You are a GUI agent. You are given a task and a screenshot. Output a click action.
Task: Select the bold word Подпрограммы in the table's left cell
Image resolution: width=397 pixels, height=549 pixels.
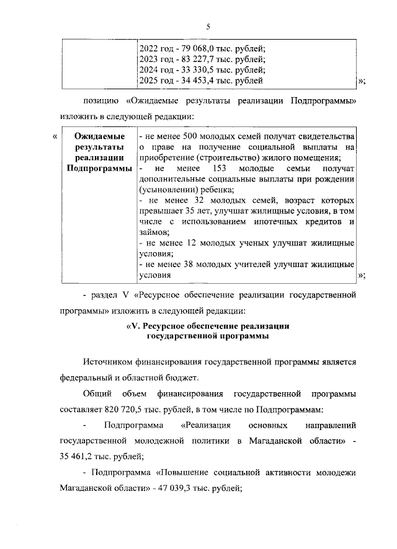pos(99,169)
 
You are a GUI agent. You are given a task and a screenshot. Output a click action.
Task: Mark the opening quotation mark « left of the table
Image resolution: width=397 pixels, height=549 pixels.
pos(55,136)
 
